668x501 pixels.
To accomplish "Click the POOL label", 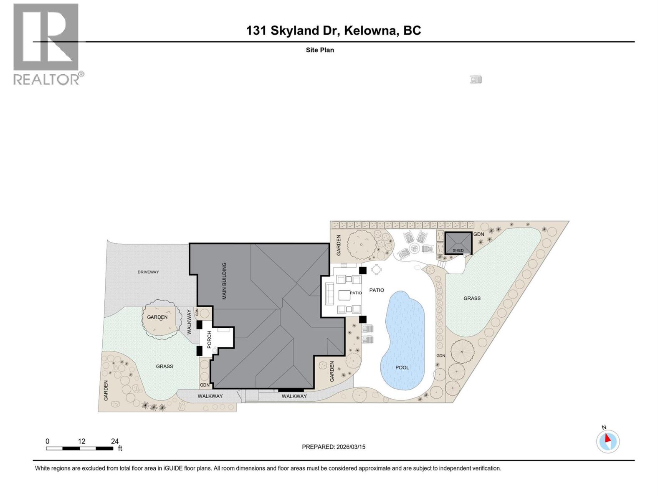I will click(402, 367).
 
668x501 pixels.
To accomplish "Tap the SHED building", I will click(458, 243).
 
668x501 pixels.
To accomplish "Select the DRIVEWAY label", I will click(148, 272).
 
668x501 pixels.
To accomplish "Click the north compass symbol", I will click(608, 441).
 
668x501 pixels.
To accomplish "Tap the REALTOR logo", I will click(46, 44).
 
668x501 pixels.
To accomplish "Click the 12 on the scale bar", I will click(81, 441).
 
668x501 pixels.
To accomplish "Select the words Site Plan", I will click(320, 50).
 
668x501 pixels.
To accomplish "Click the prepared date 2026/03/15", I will click(350, 447).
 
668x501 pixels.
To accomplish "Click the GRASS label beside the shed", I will click(472, 298).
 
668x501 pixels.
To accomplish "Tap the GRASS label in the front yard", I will click(164, 366).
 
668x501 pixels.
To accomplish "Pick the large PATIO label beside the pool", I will click(377, 290).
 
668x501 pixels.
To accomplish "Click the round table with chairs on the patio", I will click(376, 270).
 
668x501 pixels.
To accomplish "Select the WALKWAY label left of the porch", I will click(189, 321).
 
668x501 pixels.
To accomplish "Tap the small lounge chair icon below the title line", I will click(476, 79).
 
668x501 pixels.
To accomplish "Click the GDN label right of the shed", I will click(478, 234).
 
